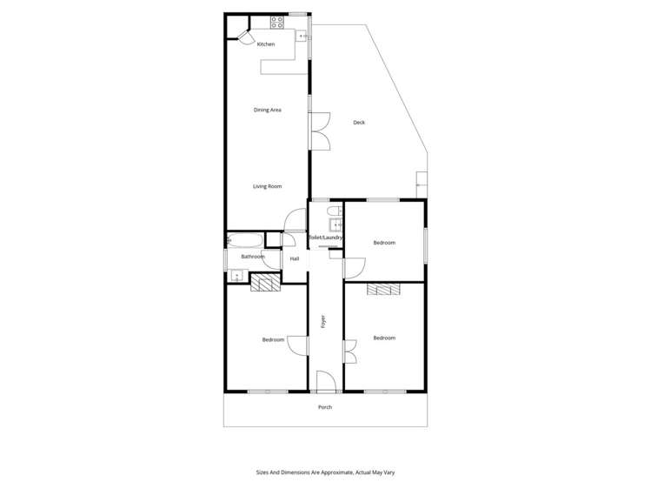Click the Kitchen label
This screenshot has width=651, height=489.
266,44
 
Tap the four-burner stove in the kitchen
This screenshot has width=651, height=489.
277,23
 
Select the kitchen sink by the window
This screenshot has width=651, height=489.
302,37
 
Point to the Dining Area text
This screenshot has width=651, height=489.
267,110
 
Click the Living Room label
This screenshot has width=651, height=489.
267,186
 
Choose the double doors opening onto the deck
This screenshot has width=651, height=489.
320,131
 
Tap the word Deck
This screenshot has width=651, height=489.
359,123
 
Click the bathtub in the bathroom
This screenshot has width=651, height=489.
245,240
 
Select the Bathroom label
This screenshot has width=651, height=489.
252,257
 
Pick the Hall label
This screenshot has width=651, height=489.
295,258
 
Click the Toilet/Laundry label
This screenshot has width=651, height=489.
326,237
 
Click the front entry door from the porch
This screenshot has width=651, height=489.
325,382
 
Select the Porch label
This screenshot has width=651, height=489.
325,407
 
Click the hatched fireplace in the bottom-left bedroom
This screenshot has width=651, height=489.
263,282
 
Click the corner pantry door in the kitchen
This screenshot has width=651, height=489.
245,38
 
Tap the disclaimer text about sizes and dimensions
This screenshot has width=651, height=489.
325,472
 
